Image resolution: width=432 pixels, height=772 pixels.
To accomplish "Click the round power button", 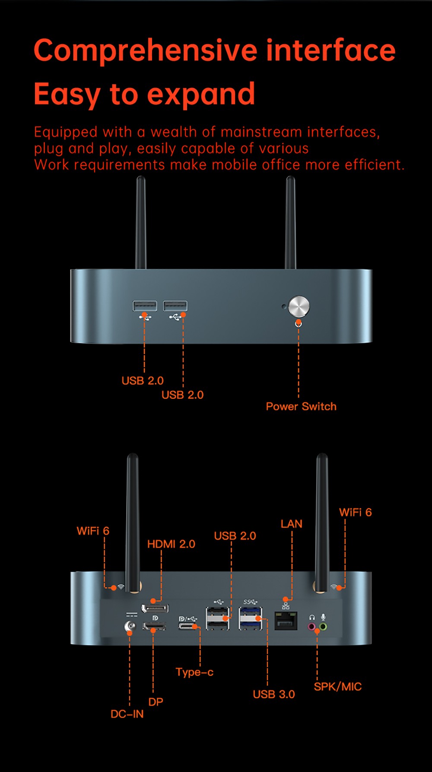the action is click(299, 307).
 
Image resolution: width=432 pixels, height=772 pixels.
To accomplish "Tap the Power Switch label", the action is click(301, 406).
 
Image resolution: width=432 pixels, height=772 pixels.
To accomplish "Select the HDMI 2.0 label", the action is click(171, 544).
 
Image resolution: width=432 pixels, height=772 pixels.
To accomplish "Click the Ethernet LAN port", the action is click(286, 621).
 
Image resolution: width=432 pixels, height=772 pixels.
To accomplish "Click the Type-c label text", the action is click(194, 672).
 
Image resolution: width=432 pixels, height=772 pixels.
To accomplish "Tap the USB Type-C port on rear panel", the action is click(188, 626).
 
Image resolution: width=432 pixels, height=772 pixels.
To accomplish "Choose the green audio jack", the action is click(323, 626).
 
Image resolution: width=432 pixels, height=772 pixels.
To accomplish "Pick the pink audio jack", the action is click(311, 626).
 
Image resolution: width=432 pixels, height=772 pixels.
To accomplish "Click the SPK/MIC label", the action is click(338, 687).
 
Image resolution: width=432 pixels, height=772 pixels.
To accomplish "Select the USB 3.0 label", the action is click(274, 694).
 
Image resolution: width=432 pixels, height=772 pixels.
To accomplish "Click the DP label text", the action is click(156, 702).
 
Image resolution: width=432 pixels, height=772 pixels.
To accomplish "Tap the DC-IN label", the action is click(127, 714).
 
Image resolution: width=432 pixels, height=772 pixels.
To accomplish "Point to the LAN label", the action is click(292, 524).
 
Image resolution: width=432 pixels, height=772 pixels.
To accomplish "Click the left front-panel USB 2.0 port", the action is click(145, 306).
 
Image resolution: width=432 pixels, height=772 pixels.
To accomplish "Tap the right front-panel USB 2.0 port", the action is click(175, 306).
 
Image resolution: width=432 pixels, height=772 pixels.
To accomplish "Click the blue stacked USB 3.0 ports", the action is click(251, 618).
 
